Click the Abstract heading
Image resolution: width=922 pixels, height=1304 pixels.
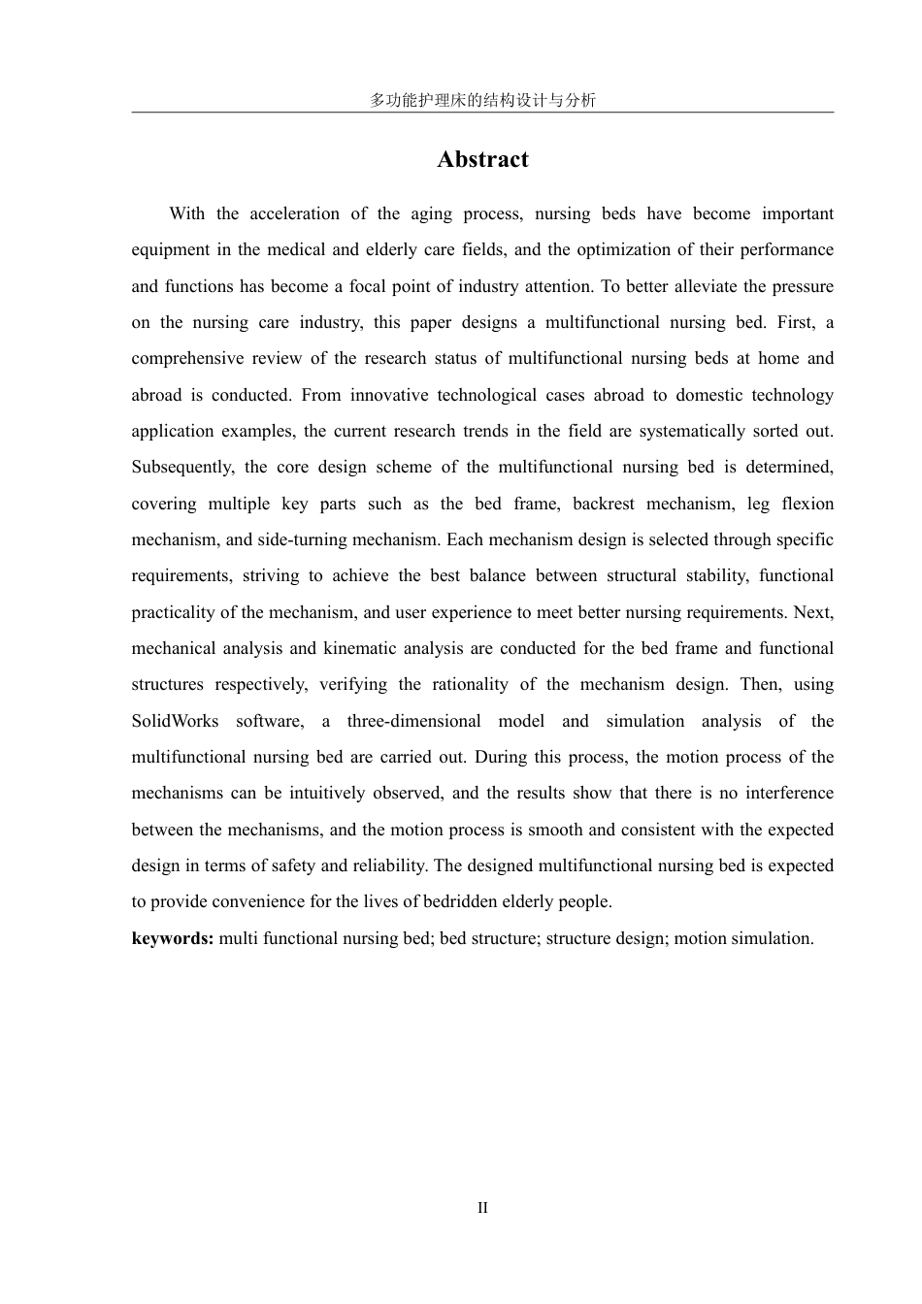(x=482, y=159)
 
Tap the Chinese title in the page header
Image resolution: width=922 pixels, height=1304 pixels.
(x=482, y=100)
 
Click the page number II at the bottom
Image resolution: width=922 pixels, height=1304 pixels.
(x=482, y=1208)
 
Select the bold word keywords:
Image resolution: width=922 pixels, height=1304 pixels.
(x=173, y=938)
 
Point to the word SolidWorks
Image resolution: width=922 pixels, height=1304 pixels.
(x=176, y=721)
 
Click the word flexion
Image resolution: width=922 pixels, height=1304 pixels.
(x=807, y=504)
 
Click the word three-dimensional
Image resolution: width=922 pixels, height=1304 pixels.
(x=413, y=721)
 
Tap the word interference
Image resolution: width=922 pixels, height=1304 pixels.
(x=787, y=793)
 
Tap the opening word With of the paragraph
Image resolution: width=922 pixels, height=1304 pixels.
(x=186, y=213)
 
